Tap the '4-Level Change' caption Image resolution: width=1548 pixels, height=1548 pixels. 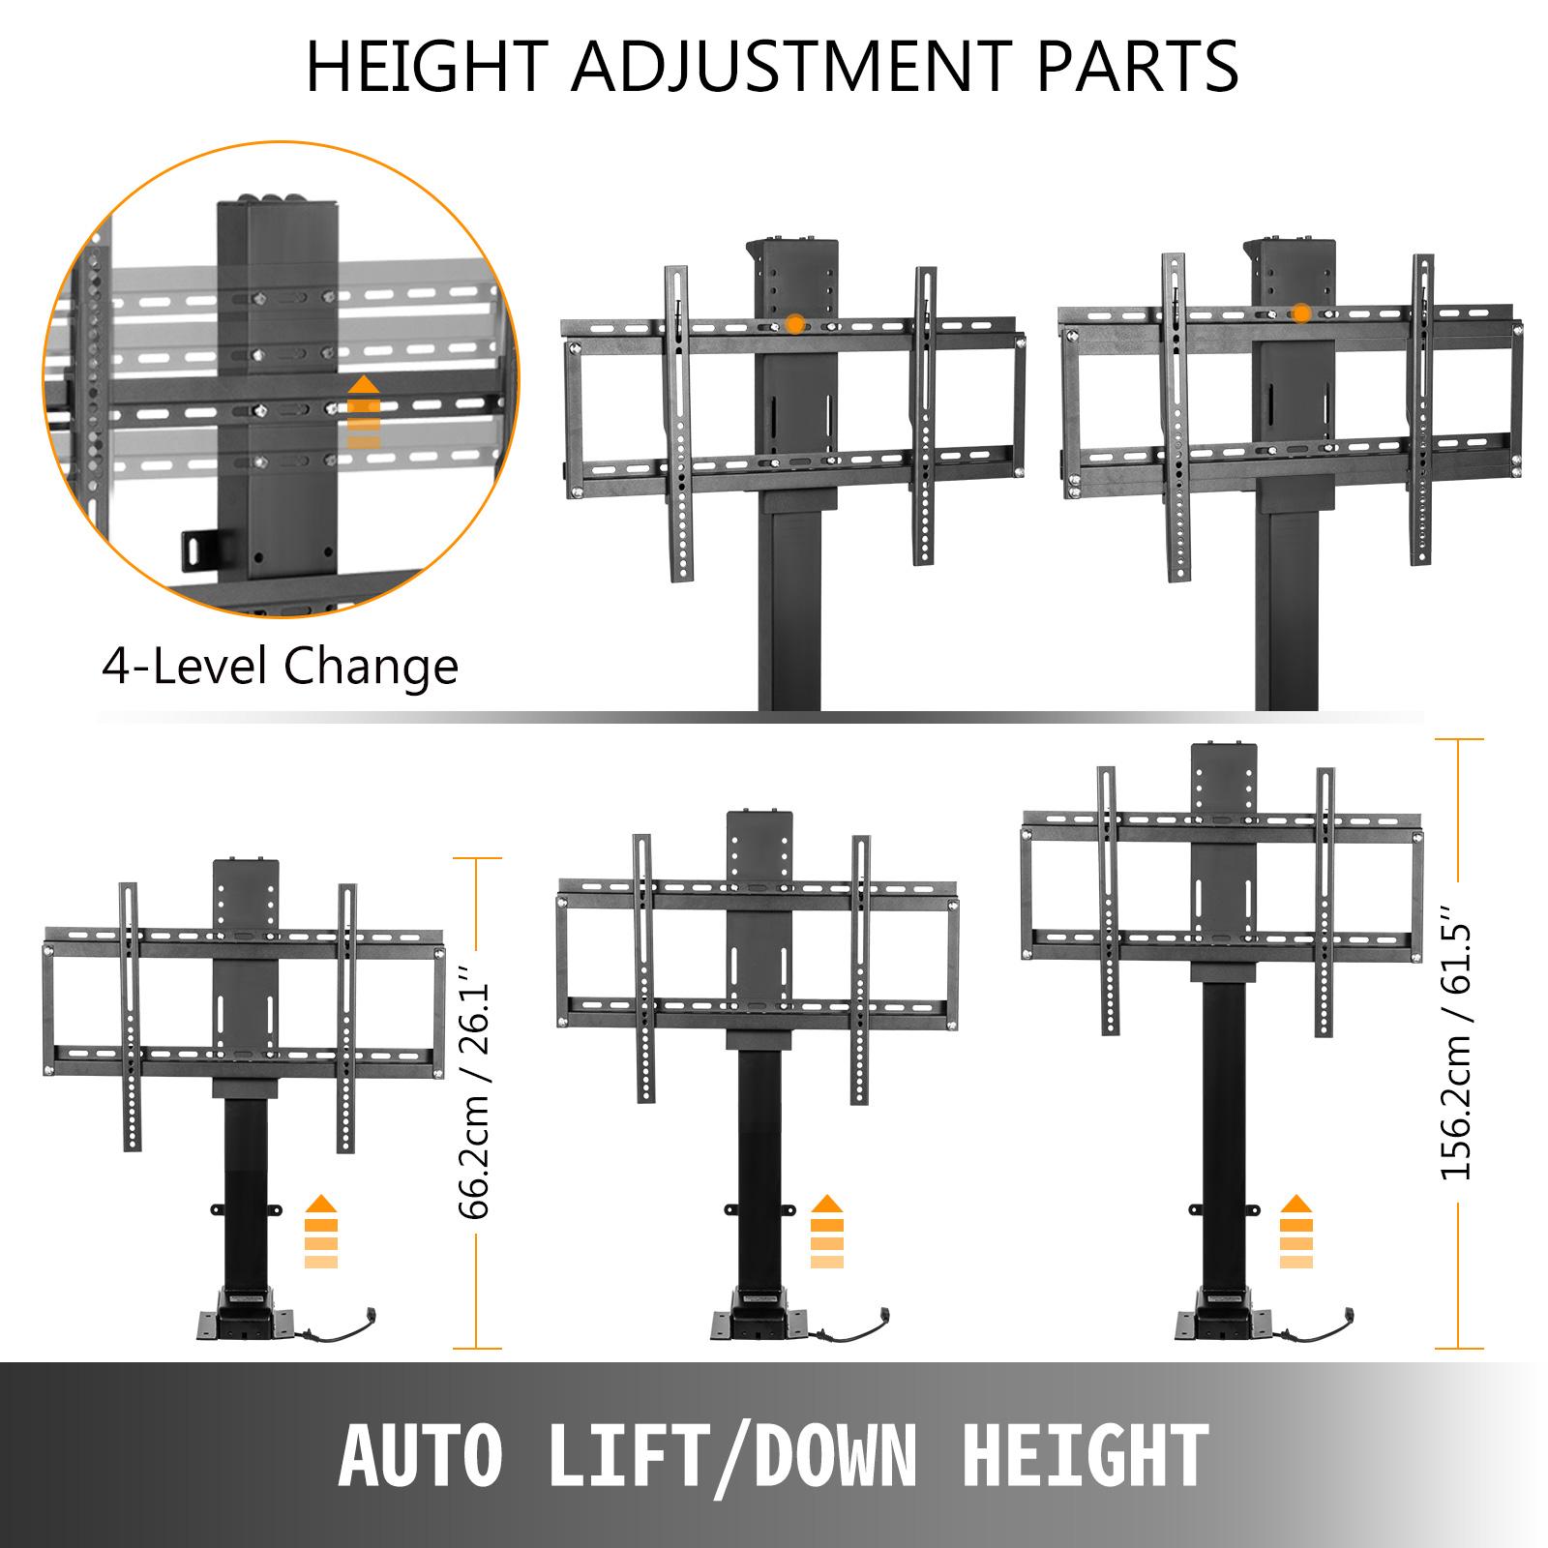pyautogui.click(x=280, y=667)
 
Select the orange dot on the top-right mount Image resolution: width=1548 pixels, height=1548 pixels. pyautogui.click(x=1301, y=313)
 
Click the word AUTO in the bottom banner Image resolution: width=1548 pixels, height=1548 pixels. pyautogui.click(x=421, y=1455)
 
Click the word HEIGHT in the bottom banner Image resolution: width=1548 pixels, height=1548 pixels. pyautogui.click(x=1085, y=1455)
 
